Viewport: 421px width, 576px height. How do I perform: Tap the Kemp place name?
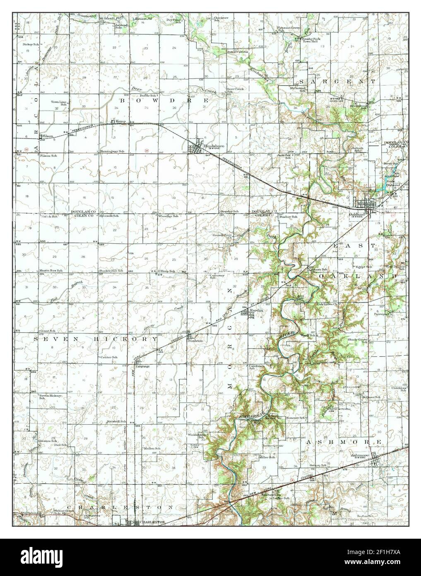coord(120,121)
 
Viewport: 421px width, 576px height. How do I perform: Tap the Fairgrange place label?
coord(142,366)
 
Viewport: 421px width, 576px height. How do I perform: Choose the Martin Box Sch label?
coord(48,271)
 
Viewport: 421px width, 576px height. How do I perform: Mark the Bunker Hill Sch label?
coord(111,271)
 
